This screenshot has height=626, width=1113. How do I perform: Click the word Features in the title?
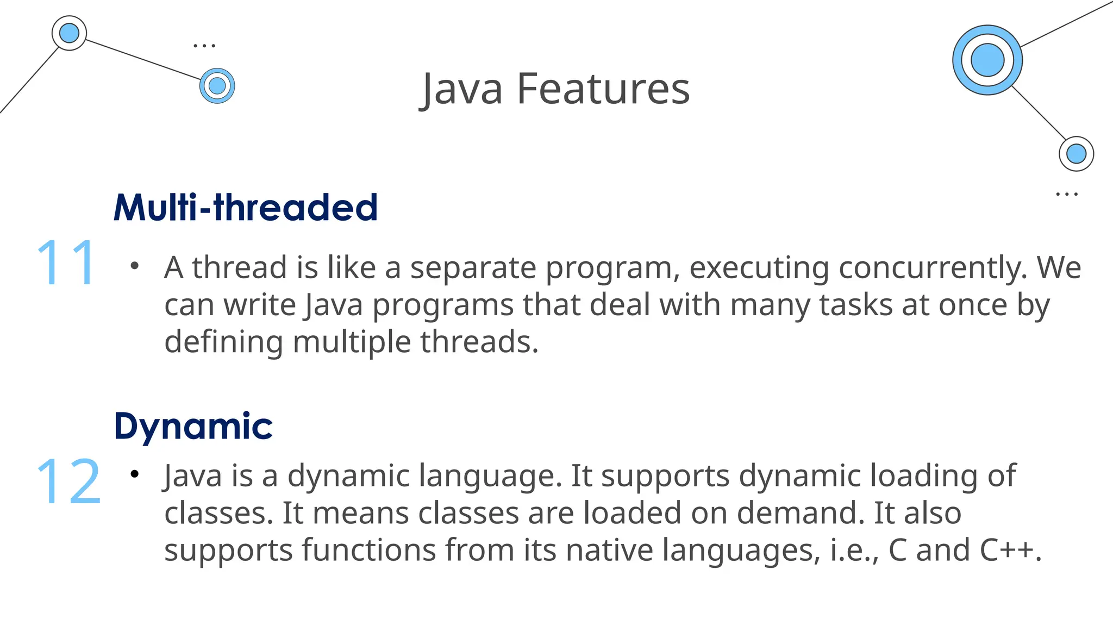603,89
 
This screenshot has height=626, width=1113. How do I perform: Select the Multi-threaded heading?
245,208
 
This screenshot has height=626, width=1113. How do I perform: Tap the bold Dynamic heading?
193,426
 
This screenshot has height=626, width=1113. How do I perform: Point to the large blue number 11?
67,263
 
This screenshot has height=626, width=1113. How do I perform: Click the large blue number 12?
68,481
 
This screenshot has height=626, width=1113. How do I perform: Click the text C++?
1010,550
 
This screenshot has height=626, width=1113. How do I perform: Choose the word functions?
369,550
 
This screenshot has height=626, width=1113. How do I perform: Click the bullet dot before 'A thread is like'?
135,266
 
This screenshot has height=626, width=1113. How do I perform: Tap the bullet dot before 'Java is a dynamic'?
135,475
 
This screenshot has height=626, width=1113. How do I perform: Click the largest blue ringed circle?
987,60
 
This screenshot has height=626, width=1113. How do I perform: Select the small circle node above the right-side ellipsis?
1076,154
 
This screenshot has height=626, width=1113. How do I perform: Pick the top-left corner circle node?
69,33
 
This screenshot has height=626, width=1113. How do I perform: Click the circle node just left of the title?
217,86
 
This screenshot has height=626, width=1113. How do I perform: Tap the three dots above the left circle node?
204,46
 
